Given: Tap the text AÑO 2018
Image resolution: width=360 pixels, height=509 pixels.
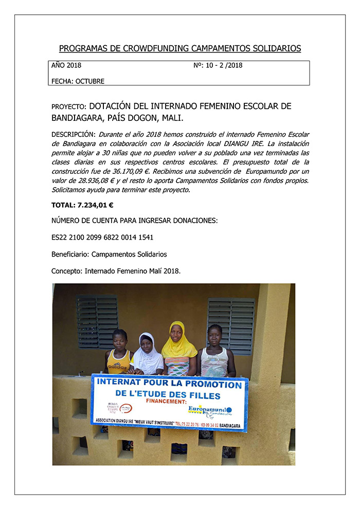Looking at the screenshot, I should (x=66, y=65).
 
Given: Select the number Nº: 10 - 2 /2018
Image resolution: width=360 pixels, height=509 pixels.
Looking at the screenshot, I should (x=218, y=65).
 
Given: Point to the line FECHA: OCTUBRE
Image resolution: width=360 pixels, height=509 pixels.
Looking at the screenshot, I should (x=78, y=81).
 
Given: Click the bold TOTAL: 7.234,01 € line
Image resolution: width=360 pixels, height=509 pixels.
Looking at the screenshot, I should (x=82, y=205).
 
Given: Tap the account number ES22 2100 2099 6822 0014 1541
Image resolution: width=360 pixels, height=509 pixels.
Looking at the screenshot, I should (x=102, y=238).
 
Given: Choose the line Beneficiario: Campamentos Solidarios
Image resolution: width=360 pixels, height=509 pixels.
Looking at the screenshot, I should (x=109, y=254).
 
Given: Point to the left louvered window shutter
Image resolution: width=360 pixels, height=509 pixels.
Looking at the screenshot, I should (x=97, y=321).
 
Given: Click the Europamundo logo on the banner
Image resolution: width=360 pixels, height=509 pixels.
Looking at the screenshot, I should (x=209, y=410).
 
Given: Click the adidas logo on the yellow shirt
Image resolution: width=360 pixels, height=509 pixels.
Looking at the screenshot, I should (x=118, y=368).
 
